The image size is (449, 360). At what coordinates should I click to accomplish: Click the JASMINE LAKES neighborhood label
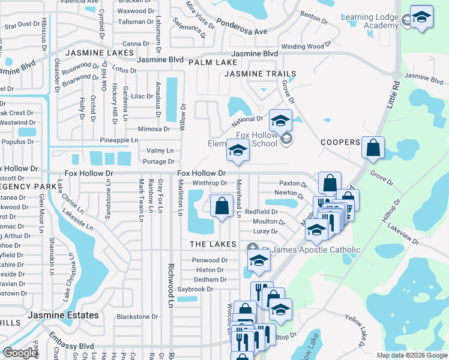100,53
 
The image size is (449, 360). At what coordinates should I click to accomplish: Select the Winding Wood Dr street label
306,46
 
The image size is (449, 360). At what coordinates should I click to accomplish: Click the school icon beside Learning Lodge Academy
421,18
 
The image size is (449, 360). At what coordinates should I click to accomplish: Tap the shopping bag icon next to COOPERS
373,148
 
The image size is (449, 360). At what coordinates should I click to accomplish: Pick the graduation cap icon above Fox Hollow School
280,121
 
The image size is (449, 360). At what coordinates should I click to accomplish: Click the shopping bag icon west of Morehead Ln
222,206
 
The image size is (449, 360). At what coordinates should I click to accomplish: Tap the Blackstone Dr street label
137,316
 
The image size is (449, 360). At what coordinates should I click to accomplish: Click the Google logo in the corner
20,353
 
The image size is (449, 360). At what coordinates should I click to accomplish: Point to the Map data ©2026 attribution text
411,355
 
